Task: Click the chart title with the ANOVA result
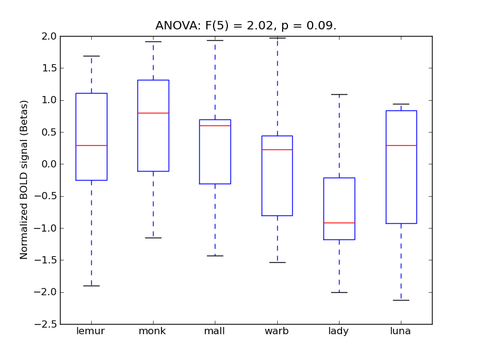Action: click(x=246, y=26)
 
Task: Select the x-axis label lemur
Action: click(x=91, y=331)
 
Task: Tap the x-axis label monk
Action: click(x=153, y=331)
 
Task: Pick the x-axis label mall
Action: click(x=215, y=331)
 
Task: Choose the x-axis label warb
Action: click(x=277, y=331)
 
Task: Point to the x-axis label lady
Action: click(x=339, y=331)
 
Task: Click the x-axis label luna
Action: click(x=401, y=331)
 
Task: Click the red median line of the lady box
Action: click(x=339, y=223)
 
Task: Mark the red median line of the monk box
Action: click(x=153, y=113)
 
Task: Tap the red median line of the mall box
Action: click(x=215, y=125)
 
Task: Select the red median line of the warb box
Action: click(x=277, y=149)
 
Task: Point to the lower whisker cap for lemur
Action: click(x=91, y=286)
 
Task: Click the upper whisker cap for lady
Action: click(x=339, y=94)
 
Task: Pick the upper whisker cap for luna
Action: click(x=401, y=104)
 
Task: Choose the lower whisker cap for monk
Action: click(x=153, y=238)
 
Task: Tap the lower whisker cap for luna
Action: click(x=401, y=300)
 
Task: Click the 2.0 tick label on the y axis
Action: click(x=49, y=36)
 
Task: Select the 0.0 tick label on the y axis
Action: click(x=49, y=164)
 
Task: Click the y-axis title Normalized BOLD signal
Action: click(x=24, y=180)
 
